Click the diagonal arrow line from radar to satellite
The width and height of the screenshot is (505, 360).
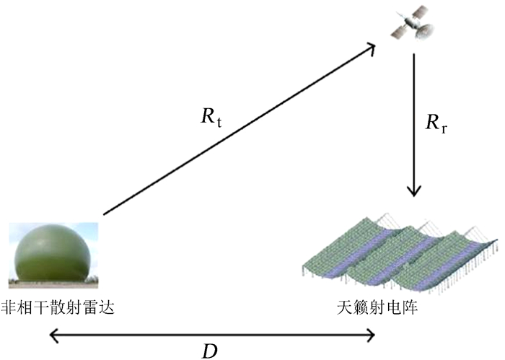pos(238,131)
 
